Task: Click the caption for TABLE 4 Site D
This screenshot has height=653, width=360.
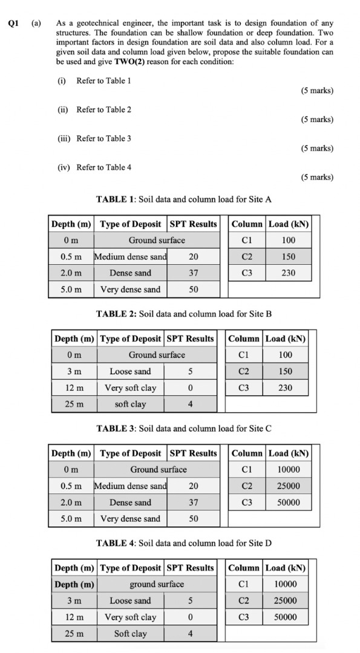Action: (x=184, y=543)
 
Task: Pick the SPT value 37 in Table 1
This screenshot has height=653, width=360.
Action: (x=194, y=273)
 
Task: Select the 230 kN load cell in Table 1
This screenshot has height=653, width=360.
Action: (x=289, y=273)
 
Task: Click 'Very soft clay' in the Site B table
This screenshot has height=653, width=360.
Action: (x=130, y=388)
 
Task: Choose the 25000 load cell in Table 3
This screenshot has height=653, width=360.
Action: (x=289, y=486)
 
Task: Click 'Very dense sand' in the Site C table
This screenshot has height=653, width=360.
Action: (x=130, y=519)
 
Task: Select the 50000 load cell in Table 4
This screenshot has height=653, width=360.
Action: (x=286, y=617)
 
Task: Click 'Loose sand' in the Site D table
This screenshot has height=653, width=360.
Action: (x=130, y=601)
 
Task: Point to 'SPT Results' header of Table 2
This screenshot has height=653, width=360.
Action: (x=190, y=339)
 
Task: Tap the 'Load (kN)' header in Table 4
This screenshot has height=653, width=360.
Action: (x=286, y=568)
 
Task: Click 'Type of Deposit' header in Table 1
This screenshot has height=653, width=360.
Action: (x=130, y=224)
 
